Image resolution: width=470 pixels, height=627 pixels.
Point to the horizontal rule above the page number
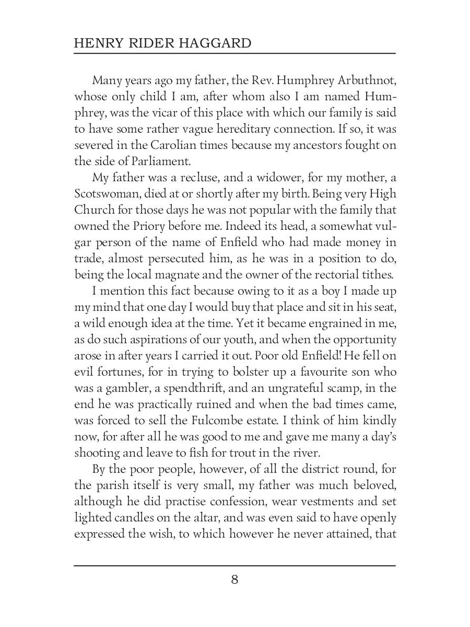(x=234, y=565)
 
